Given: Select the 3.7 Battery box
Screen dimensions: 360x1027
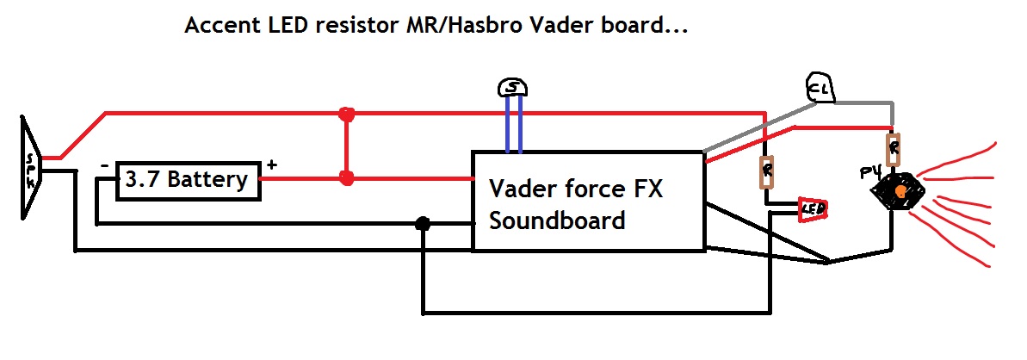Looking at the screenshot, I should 188,180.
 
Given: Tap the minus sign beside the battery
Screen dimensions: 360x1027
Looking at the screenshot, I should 103,164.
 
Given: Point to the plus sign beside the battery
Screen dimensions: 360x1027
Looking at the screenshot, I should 273,164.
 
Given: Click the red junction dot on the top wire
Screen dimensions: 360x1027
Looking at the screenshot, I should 346,114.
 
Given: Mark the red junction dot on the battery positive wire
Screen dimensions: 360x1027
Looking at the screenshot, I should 346,178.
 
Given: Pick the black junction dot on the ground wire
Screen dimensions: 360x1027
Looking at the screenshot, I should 423,223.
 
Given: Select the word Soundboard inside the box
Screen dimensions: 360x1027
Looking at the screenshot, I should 557,220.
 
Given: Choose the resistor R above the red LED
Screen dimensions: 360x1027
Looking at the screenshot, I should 765,171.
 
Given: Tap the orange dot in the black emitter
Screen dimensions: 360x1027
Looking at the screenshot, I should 899,190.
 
